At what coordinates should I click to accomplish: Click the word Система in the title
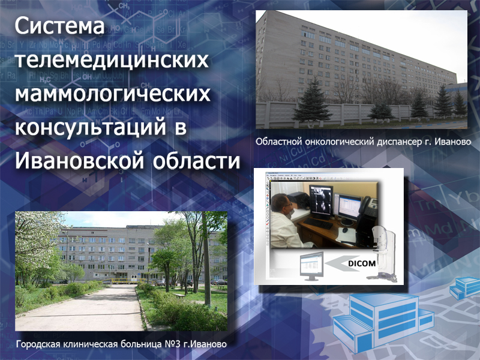[x=59, y=26]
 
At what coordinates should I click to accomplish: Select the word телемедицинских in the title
[x=112, y=59]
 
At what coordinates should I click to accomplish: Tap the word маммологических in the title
[x=113, y=93]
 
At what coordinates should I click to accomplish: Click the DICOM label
[x=362, y=263]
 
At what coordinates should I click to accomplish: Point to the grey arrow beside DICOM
[x=343, y=263]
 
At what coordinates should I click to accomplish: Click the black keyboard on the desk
[x=318, y=223]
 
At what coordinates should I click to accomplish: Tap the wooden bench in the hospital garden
[x=179, y=296]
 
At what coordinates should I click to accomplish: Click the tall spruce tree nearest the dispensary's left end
[x=311, y=101]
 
